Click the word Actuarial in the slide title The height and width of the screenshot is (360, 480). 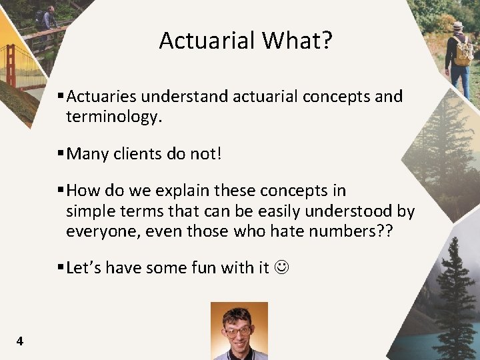pos(207,41)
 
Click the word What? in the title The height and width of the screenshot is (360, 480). pos(297,41)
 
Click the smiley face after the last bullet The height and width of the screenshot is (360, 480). pos(281,268)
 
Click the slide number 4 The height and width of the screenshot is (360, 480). pos(19,341)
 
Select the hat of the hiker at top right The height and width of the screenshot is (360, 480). pos(457,25)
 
